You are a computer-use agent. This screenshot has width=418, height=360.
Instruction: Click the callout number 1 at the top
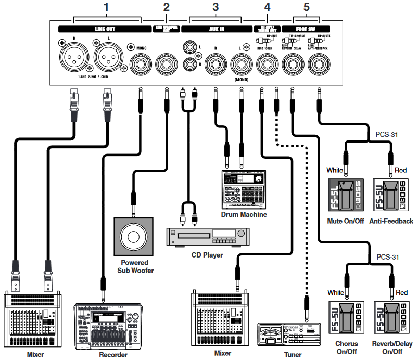click(x=107, y=7)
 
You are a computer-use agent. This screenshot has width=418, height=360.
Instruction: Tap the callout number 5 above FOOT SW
click(x=306, y=7)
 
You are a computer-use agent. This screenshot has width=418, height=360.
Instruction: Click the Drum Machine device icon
click(x=244, y=189)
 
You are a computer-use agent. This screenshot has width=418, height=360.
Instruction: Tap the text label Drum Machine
click(x=244, y=214)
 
